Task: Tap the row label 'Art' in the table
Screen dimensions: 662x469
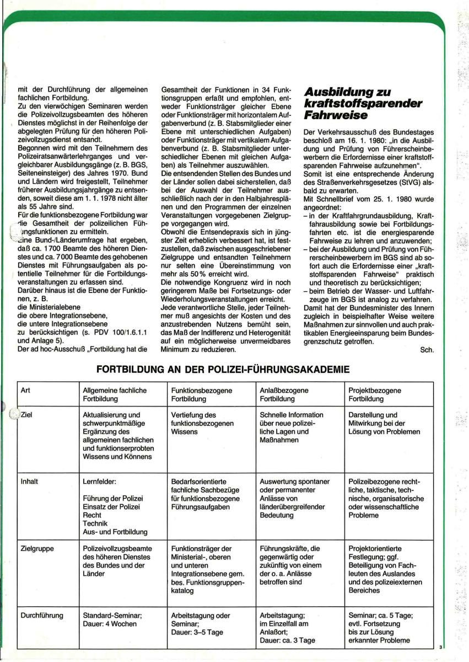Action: [25, 390]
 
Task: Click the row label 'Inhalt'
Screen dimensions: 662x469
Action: [29, 481]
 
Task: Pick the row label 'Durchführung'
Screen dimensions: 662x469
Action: [42, 615]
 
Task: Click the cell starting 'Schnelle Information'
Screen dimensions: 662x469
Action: [292, 428]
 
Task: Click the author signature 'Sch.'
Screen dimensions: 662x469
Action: [427, 349]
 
